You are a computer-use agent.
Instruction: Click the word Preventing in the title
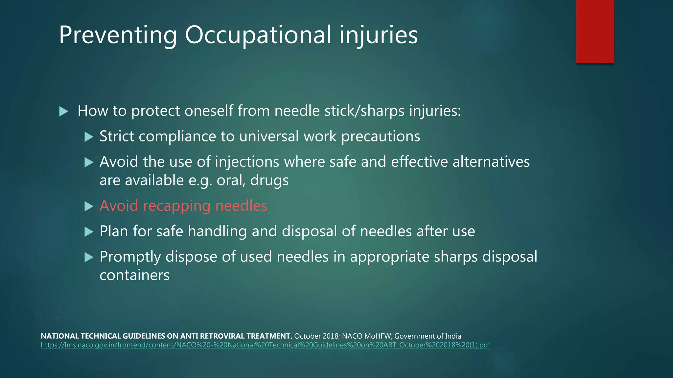click(118, 35)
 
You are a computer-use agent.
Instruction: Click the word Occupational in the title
click(258, 35)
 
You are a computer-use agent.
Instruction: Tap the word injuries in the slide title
click(378, 35)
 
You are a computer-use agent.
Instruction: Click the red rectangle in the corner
click(595, 31)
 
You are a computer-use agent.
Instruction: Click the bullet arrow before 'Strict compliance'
click(89, 136)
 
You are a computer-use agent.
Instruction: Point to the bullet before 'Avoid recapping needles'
click(89, 206)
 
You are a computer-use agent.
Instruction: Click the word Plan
click(114, 231)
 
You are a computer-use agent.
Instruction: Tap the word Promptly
click(130, 257)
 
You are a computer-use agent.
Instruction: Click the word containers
click(134, 275)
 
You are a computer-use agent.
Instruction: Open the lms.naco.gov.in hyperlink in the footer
click(265, 345)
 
